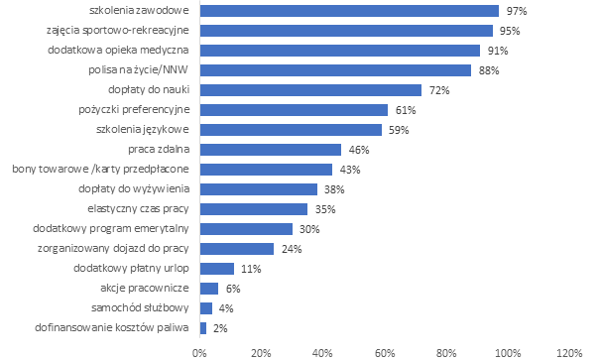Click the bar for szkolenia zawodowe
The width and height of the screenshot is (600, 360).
(349, 11)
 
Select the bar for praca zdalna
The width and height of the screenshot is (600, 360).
(271, 150)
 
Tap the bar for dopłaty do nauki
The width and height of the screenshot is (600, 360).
(310, 90)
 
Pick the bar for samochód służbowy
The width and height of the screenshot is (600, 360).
(206, 308)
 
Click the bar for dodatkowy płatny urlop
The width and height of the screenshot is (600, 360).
(217, 269)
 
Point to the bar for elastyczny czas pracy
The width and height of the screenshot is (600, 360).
(254, 209)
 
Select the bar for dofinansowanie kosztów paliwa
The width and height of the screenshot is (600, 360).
(203, 328)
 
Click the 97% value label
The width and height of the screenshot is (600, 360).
(517, 11)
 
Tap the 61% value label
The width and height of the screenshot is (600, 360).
(406, 110)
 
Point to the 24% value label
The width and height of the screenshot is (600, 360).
(292, 249)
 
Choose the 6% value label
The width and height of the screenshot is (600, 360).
(233, 289)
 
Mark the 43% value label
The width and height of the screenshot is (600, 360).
(350, 170)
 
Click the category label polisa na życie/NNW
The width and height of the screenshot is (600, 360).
(139, 70)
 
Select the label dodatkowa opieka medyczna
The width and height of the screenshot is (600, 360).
(118, 51)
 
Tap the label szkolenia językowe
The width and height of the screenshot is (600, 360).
(143, 130)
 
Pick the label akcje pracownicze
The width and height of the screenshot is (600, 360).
(145, 288)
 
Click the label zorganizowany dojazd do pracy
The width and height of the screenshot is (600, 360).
(113, 248)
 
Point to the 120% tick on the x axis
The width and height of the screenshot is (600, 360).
(570, 353)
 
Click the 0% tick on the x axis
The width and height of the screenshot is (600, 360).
(199, 353)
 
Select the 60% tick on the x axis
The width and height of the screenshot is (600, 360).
(385, 353)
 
